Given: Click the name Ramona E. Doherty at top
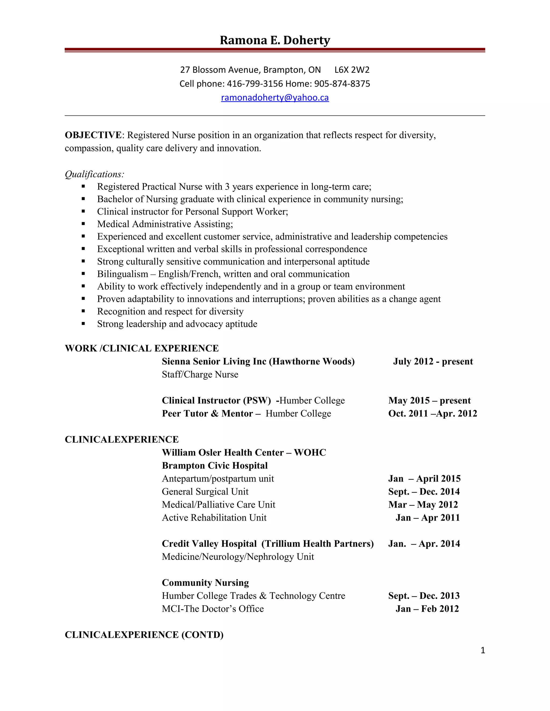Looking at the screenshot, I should click(275, 40).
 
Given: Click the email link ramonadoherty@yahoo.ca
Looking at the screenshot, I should click(275, 98).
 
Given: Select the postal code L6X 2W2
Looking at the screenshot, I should click(352, 70).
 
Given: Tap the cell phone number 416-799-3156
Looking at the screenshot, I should click(255, 84).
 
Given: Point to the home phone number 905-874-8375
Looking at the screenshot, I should click(342, 84).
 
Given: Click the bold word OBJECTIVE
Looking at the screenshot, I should click(93, 135).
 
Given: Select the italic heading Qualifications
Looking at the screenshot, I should click(94, 174).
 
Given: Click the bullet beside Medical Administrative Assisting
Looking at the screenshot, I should click(84, 224).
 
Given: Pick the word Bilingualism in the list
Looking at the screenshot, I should click(122, 274).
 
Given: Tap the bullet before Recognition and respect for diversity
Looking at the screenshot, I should click(84, 311).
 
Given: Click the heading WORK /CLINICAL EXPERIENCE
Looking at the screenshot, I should click(142, 348).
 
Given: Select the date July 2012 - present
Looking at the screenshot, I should click(433, 361).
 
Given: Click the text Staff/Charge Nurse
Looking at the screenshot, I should click(200, 374).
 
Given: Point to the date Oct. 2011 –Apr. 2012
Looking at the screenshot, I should click(432, 413).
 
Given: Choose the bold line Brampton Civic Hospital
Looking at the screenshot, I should click(215, 466).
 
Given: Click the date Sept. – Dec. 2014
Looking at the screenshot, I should click(424, 492).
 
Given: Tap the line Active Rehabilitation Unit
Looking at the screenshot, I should click(214, 518).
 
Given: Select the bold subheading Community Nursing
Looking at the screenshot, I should click(205, 583).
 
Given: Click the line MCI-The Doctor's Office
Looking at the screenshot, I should click(213, 609).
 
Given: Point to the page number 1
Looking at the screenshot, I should click(483, 650).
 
